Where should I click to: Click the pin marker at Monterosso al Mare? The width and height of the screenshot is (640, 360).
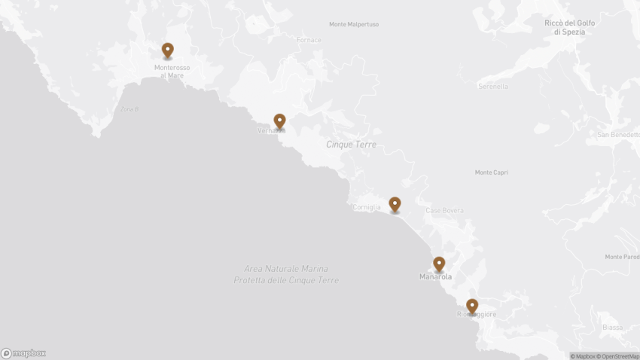tap(167, 50)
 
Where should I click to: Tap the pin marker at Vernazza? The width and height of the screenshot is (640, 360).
tap(279, 121)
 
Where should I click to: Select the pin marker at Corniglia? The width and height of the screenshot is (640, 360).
tap(395, 204)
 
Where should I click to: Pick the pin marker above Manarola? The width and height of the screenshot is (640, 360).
tap(439, 264)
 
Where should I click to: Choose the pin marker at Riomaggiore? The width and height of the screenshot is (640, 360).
tap(472, 307)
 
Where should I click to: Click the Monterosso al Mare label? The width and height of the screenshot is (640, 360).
tap(172, 72)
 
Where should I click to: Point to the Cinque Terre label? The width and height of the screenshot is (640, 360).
tap(351, 144)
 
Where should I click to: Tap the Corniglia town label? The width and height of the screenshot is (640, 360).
tap(367, 207)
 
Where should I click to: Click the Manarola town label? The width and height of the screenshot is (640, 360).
tap(436, 277)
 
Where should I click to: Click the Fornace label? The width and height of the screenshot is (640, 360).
tap(309, 40)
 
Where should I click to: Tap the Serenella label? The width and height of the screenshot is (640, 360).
tap(493, 87)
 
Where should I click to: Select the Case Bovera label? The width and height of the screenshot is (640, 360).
tap(445, 210)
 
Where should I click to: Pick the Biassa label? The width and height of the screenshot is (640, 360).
tap(613, 328)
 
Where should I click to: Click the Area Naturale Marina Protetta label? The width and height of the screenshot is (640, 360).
tap(286, 274)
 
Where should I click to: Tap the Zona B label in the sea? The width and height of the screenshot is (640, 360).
tap(130, 109)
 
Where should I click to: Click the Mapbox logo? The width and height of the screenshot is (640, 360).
tap(23, 353)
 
